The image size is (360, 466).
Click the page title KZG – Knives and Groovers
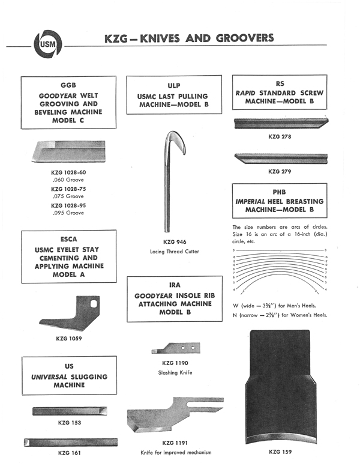[x=189, y=38]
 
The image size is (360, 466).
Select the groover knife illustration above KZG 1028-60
[x=71, y=151]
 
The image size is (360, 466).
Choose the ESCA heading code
[x=69, y=238]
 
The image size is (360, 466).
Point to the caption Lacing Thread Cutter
[x=175, y=251]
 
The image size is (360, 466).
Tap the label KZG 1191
[x=175, y=443]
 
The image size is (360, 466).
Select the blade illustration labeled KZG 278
[x=280, y=124]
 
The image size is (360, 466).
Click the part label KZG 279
[x=280, y=171]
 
